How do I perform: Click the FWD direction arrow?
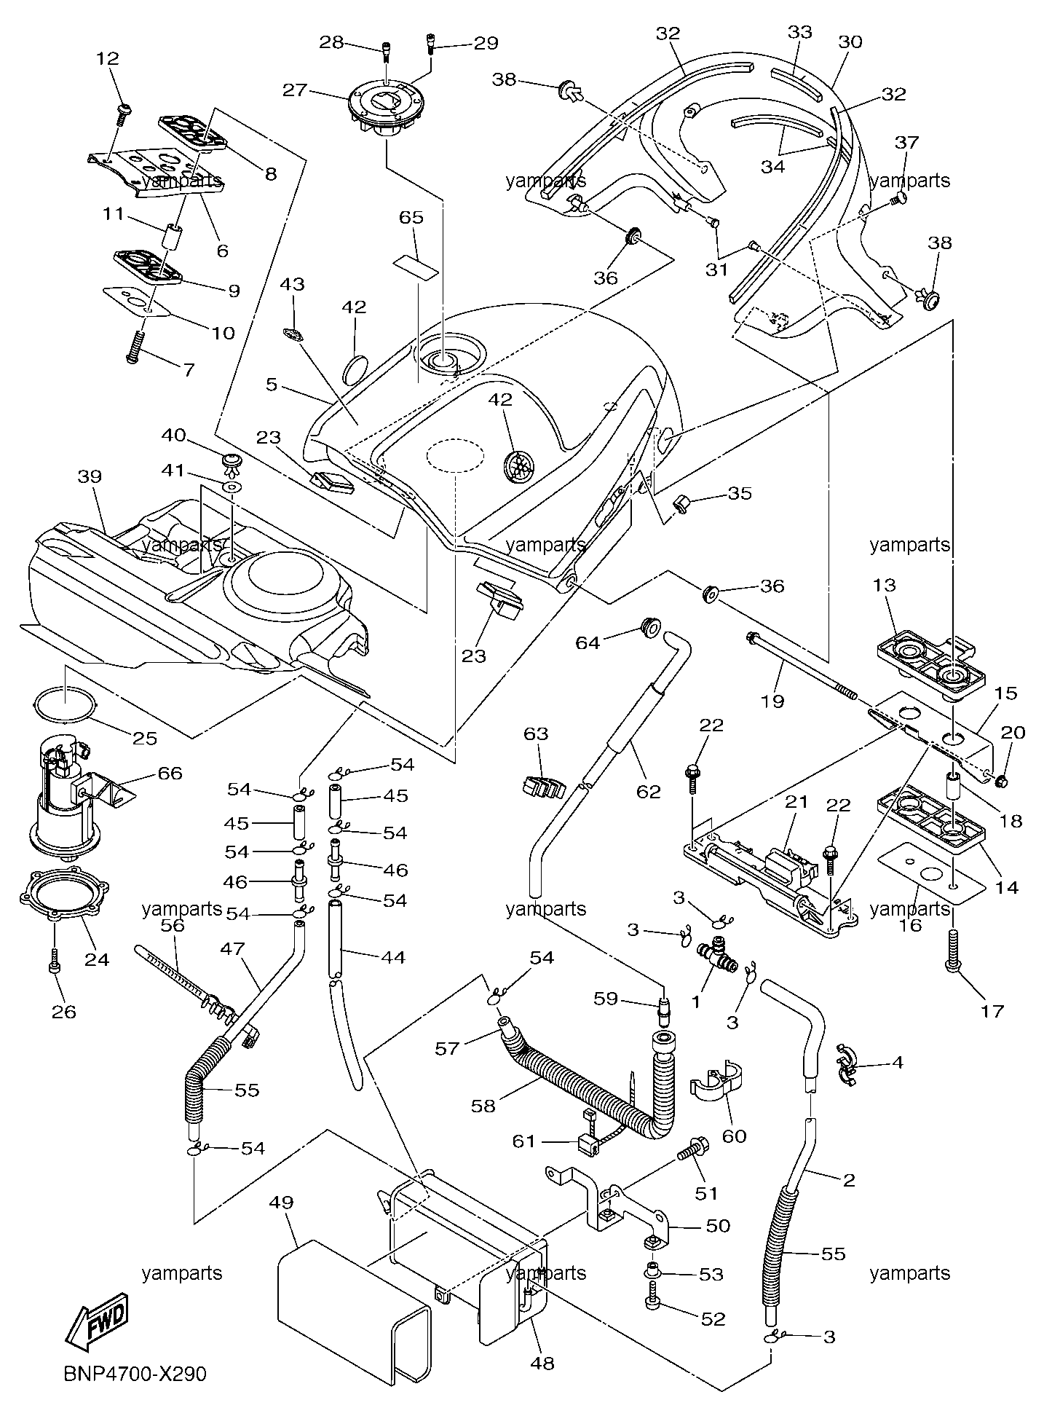[x=96, y=1319]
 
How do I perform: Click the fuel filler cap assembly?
[x=385, y=111]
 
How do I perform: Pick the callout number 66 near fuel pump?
[x=170, y=773]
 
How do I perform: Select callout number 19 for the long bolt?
[x=772, y=701]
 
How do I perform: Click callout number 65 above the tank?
[x=411, y=217]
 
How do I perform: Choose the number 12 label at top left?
[x=108, y=58]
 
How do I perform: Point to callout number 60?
[x=734, y=1136]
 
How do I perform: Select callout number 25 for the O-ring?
[x=145, y=738]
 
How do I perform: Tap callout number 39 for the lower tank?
[x=90, y=476]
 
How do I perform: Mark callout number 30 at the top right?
[x=850, y=42]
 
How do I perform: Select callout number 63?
[x=536, y=733]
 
